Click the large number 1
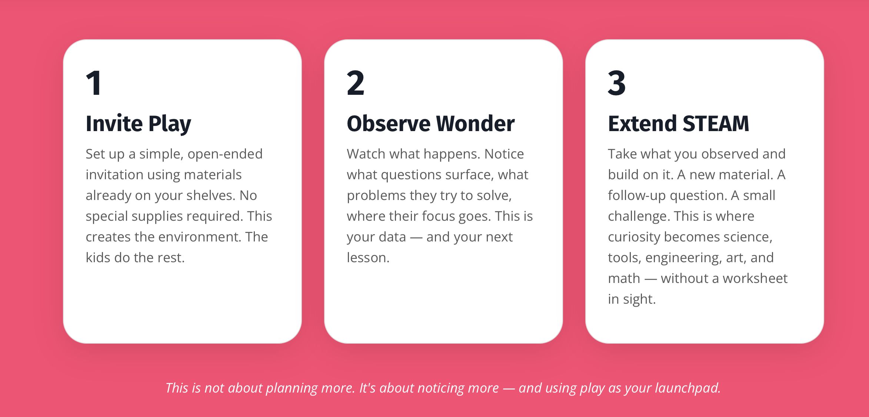tap(94, 83)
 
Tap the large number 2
tap(356, 83)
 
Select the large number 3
tap(617, 83)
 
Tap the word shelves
tap(211, 195)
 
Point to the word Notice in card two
tap(504, 154)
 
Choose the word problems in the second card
tap(376, 196)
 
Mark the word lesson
tap(368, 257)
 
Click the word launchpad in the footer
tap(688, 388)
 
